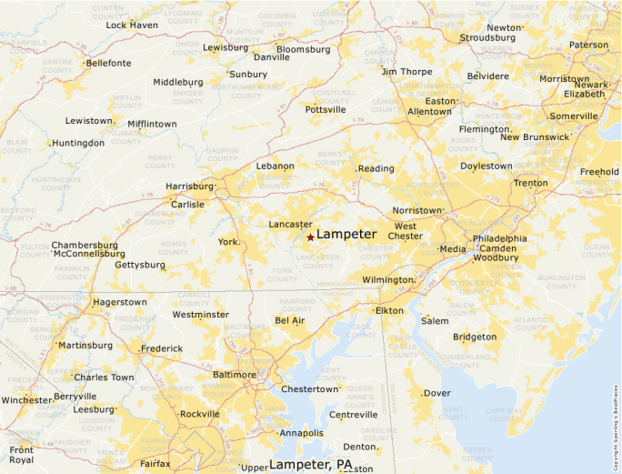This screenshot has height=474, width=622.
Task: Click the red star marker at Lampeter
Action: pyautogui.click(x=310, y=237)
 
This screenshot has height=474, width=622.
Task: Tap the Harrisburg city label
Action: pyautogui.click(x=188, y=187)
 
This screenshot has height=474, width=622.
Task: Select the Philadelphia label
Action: pyautogui.click(x=499, y=238)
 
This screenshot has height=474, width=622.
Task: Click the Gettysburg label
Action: pyautogui.click(x=140, y=266)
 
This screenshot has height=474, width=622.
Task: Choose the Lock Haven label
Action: pyautogui.click(x=132, y=25)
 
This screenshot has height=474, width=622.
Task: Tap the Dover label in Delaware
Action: pyautogui.click(x=437, y=393)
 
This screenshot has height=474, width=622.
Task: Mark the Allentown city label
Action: pyautogui.click(x=429, y=112)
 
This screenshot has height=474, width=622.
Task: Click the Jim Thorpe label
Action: pyautogui.click(x=406, y=71)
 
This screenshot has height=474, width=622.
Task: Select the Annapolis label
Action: pyautogui.click(x=302, y=433)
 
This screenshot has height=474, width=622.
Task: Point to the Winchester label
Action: pyautogui.click(x=26, y=400)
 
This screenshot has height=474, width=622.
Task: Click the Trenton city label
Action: pyautogui.click(x=530, y=183)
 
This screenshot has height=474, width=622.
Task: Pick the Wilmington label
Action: pyautogui.click(x=388, y=279)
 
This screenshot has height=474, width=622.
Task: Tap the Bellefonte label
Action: pyautogui.click(x=108, y=64)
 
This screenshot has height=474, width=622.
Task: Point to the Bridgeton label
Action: pyautogui.click(x=475, y=337)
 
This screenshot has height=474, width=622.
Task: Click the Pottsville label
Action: pyautogui.click(x=326, y=109)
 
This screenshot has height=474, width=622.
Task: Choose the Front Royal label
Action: pyautogui.click(x=21, y=455)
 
